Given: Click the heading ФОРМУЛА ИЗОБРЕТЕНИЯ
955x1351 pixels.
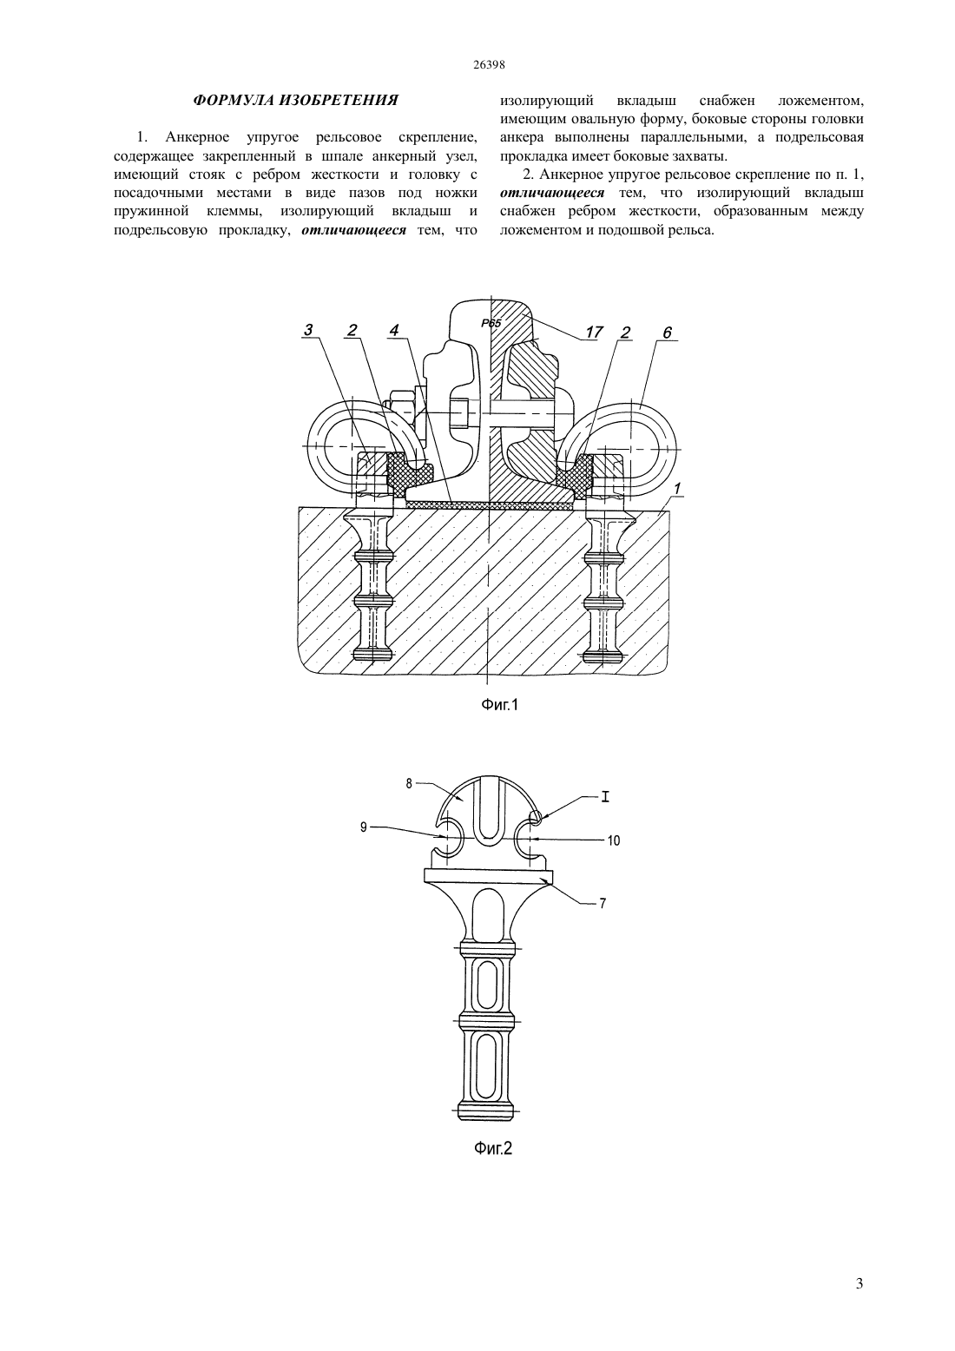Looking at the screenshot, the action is click(295, 101).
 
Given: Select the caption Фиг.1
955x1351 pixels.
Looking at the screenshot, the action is click(500, 704).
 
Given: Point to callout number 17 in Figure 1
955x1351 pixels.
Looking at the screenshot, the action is click(594, 332).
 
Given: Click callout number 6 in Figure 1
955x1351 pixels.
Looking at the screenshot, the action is click(667, 333).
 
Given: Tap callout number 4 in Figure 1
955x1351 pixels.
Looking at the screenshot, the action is click(393, 330).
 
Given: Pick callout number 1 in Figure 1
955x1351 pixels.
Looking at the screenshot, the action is click(678, 487).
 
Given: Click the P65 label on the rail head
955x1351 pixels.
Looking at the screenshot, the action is click(491, 323).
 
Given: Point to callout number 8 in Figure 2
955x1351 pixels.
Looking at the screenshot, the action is click(409, 783).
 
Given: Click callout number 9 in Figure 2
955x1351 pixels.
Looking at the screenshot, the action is click(364, 827).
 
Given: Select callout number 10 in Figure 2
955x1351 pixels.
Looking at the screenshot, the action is click(614, 840).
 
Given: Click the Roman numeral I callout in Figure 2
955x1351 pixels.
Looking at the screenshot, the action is click(605, 797).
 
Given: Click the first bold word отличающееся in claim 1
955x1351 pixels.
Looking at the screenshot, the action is click(354, 230).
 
